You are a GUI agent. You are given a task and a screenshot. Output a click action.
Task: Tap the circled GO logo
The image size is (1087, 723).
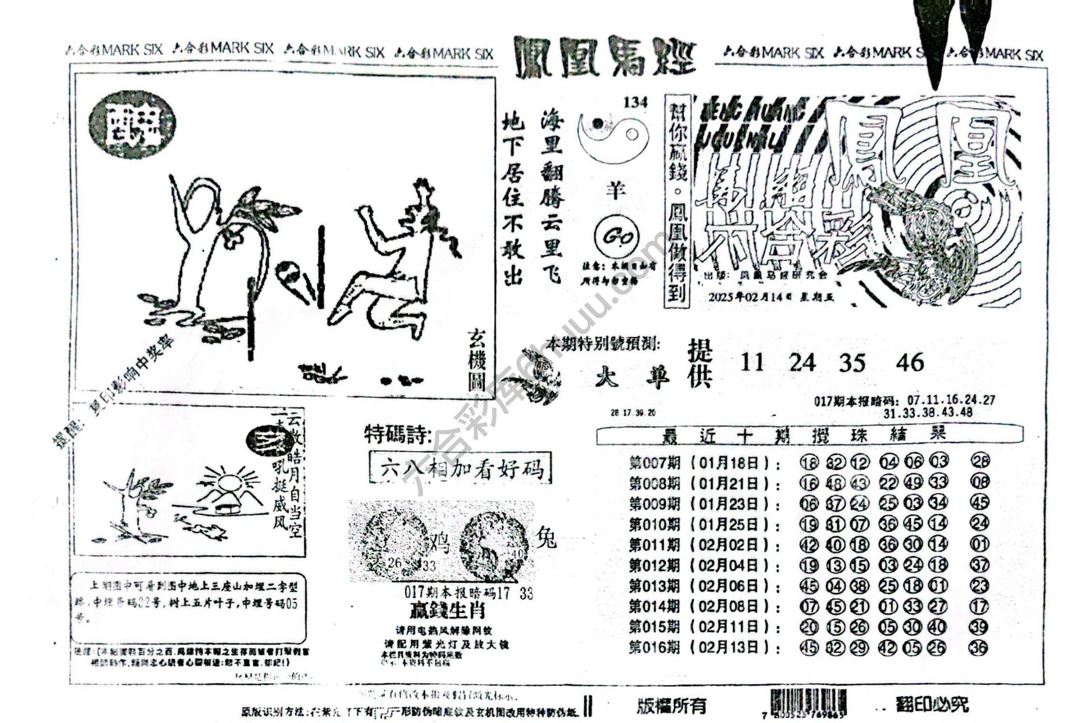point(616,238)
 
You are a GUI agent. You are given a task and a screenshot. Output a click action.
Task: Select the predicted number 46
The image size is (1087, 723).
point(909,363)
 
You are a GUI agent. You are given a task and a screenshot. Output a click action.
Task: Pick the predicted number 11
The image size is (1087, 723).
point(752,363)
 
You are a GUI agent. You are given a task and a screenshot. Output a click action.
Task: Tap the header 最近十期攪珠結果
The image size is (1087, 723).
point(809,435)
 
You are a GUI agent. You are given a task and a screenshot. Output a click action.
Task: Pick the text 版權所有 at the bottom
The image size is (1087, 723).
point(671,705)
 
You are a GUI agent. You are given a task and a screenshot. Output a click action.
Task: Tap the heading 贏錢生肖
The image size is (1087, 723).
point(446,610)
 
